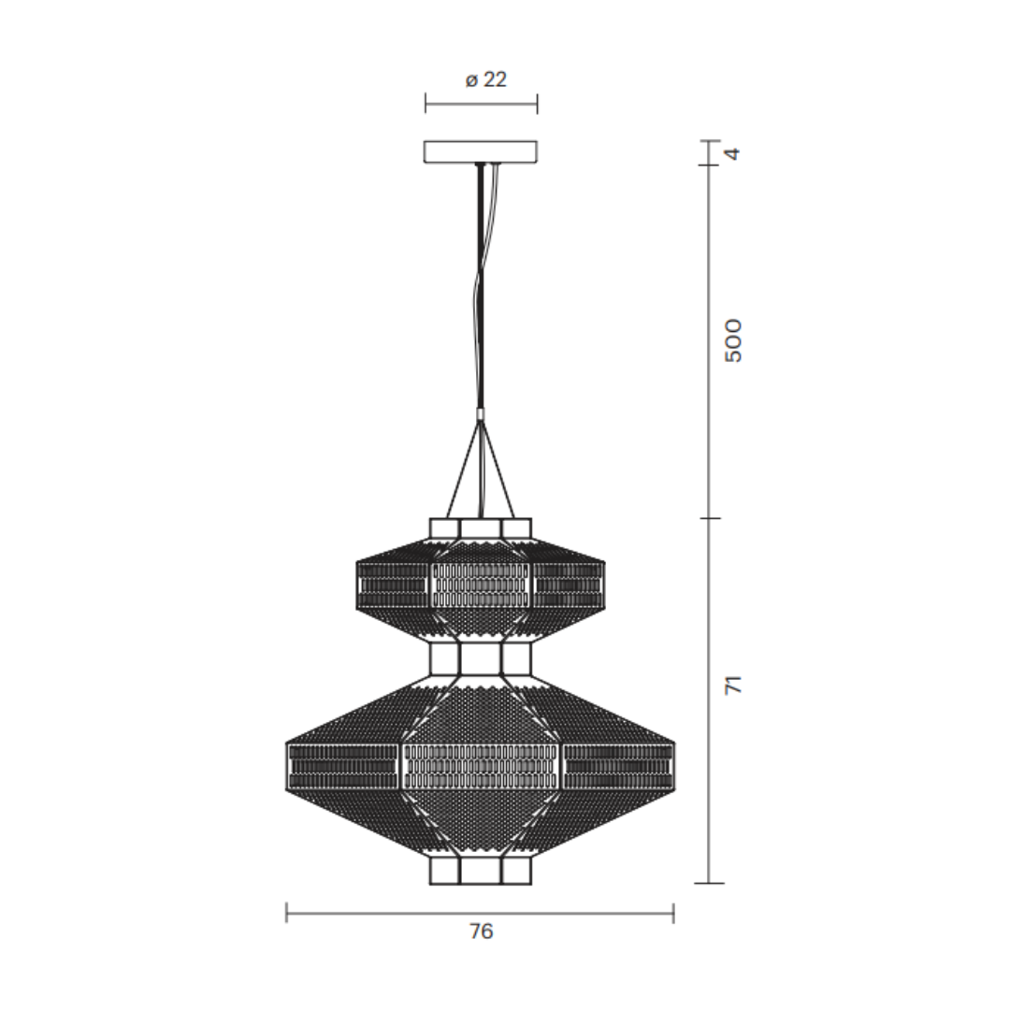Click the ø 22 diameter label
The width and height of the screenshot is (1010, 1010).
pyautogui.click(x=485, y=80)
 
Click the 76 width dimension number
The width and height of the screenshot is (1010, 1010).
pyautogui.click(x=481, y=931)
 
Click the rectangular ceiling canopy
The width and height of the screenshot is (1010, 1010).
pyautogui.click(x=481, y=151)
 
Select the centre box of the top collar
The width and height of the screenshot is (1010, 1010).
pyautogui.click(x=481, y=528)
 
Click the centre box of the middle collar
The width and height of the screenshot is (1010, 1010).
pyautogui.click(x=481, y=658)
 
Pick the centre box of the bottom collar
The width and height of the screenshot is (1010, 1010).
pyautogui.click(x=481, y=871)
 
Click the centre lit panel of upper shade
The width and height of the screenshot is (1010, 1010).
pyautogui.click(x=481, y=584)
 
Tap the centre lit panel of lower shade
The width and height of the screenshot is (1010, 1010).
pyautogui.click(x=481, y=766)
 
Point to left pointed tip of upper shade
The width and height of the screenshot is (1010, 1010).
pyautogui.click(x=356, y=585)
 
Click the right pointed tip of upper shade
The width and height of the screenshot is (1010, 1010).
pyautogui.click(x=605, y=585)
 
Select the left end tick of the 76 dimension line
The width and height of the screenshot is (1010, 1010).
pyautogui.click(x=287, y=913)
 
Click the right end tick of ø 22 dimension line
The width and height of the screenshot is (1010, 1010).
pyautogui.click(x=538, y=103)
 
